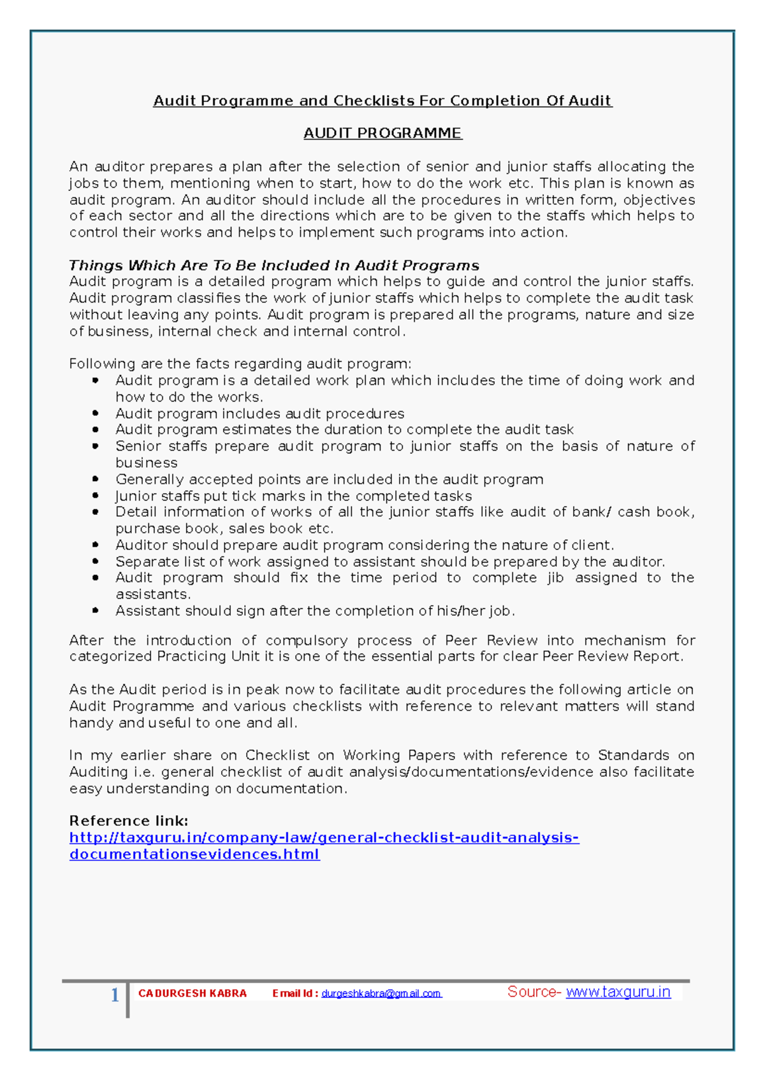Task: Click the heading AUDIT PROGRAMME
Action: pos(382,133)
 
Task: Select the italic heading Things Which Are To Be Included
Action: pos(274,265)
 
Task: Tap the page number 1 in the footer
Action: pos(115,995)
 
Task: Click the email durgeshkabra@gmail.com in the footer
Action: pos(381,993)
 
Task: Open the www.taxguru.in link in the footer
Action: pos(618,992)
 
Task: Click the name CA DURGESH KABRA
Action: pos(193,993)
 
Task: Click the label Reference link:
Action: pos(129,821)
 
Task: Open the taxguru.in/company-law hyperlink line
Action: pos(324,837)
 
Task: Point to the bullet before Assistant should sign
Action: pos(96,610)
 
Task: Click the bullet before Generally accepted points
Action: pos(96,479)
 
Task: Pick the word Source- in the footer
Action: pos(534,992)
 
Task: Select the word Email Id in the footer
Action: pos(295,993)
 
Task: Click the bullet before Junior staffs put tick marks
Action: pos(96,496)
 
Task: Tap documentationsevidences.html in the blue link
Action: pos(194,854)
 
